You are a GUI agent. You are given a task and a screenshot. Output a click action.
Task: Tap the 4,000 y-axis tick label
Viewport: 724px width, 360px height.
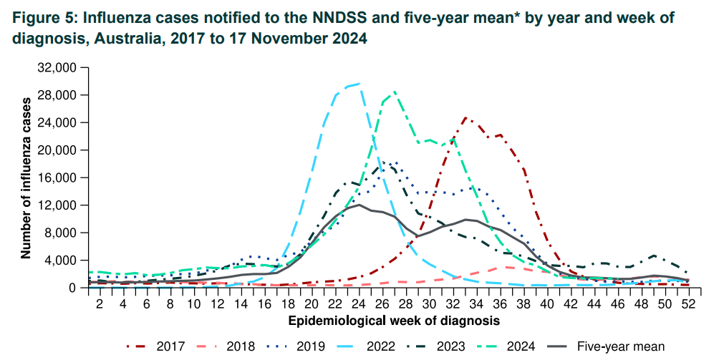click(x=59, y=260)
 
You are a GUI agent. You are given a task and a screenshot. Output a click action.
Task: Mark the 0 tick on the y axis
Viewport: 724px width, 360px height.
click(x=73, y=288)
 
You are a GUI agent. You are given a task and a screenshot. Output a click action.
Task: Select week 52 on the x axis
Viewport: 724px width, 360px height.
click(x=688, y=303)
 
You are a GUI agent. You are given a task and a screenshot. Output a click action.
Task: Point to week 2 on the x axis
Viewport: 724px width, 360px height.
click(x=100, y=303)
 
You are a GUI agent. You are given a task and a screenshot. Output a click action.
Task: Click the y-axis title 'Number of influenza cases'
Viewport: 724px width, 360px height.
click(x=26, y=177)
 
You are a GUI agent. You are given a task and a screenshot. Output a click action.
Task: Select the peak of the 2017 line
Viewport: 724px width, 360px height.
click(x=465, y=117)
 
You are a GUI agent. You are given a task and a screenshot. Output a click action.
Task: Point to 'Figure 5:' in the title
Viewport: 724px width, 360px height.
click(x=43, y=18)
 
